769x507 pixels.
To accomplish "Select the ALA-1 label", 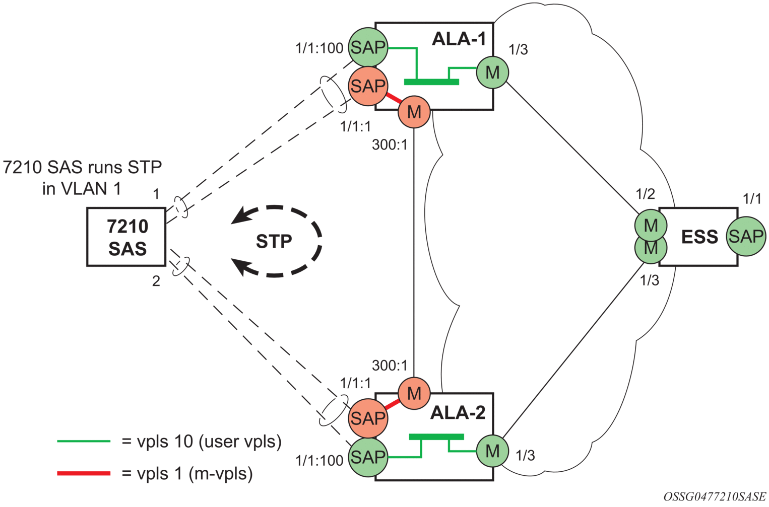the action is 459,39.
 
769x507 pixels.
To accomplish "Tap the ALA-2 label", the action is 458,413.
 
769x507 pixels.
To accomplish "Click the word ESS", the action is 699,237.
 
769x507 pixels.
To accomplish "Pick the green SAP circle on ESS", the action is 746,236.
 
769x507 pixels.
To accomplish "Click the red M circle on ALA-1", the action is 414,112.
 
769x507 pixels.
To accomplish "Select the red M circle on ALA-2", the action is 414,393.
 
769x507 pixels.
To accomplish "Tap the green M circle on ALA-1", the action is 493,73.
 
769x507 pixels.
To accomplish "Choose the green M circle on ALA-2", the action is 493,451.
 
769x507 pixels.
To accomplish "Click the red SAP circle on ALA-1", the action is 368,86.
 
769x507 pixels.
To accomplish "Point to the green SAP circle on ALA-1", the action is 368,47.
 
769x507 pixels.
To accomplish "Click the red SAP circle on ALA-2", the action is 368,418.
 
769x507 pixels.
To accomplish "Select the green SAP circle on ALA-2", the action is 368,457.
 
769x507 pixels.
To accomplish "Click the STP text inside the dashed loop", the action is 274,241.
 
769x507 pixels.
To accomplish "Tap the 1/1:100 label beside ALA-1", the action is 319,48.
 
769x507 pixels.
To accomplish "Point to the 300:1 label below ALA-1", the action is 390,145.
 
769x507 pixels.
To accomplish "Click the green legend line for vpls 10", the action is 84,441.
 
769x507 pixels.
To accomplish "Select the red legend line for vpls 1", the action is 84,473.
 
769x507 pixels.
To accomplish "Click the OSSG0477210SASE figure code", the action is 715,496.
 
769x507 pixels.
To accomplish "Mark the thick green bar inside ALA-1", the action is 431,82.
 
